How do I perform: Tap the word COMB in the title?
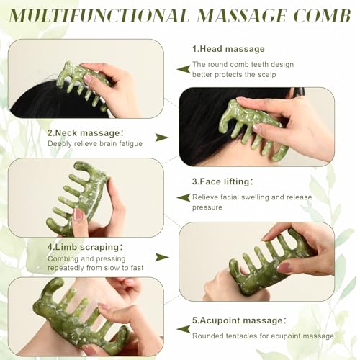pos(318,15)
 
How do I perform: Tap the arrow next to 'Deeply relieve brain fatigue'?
pos(163,137)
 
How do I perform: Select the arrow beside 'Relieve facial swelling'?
pos(180,197)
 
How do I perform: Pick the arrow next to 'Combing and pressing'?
pos(163,256)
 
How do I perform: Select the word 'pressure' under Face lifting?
pos(207,207)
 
